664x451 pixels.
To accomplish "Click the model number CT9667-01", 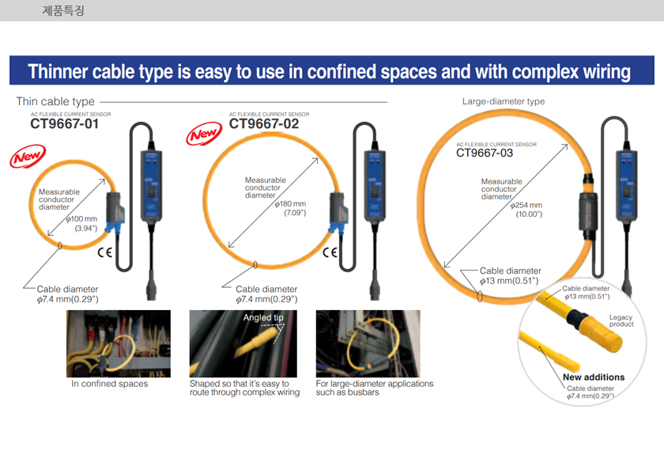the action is [64, 123].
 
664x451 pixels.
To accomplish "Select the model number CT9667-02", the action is [264, 123].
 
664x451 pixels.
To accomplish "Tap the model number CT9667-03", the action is [485, 153].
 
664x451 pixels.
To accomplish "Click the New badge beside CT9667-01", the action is [28, 157].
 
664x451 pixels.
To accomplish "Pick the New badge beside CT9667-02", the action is [204, 134].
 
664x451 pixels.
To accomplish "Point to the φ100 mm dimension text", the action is [81, 218].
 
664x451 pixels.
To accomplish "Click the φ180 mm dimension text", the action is [290, 204].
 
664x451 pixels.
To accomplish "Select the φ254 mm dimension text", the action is [526, 205].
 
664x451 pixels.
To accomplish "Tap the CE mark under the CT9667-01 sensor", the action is [104, 252].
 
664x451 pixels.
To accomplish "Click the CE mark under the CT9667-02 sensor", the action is [330, 252].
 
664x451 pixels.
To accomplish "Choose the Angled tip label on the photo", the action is [263, 317].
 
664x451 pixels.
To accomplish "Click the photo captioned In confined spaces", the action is [119, 343].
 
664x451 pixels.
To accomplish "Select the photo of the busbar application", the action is [368, 343].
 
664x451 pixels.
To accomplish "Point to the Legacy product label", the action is [621, 320].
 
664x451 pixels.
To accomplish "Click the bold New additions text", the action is [594, 377].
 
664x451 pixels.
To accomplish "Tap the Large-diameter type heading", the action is [503, 101].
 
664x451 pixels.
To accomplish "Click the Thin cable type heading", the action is [55, 101].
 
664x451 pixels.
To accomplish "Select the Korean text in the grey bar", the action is [63, 10].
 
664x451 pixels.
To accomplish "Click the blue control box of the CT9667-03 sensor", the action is [627, 185].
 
